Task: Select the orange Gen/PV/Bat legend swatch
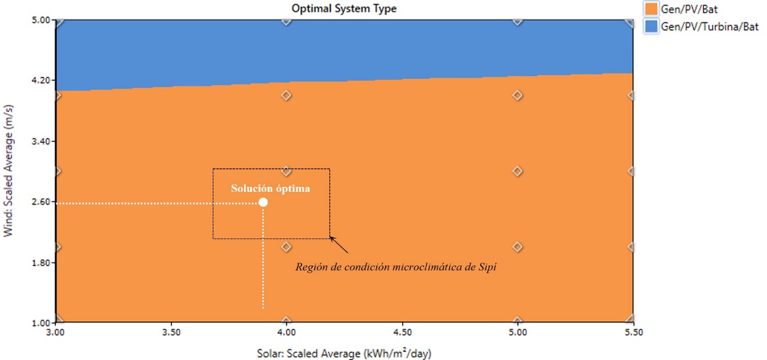click(x=652, y=9)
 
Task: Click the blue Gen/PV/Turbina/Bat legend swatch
click(x=652, y=26)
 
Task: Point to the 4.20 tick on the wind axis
click(x=41, y=80)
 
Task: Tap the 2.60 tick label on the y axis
click(x=41, y=202)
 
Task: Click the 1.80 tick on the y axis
click(x=41, y=263)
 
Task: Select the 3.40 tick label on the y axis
click(x=41, y=141)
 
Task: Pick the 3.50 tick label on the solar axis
click(x=172, y=333)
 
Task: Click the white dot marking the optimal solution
click(x=263, y=202)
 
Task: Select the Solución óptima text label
click(x=271, y=189)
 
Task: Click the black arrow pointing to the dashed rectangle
click(x=339, y=245)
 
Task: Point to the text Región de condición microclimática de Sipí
click(x=396, y=268)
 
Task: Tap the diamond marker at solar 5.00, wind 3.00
click(x=517, y=171)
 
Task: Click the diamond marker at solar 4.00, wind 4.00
click(x=286, y=95)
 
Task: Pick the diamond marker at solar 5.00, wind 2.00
click(x=517, y=247)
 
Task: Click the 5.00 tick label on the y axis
click(x=41, y=20)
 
